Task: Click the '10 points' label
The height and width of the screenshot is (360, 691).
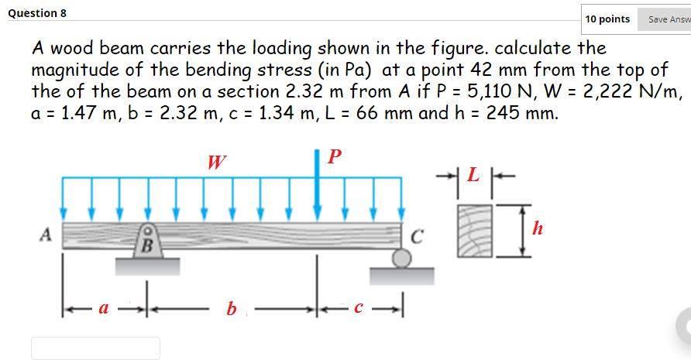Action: click(607, 19)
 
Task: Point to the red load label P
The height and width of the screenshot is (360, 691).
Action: click(334, 156)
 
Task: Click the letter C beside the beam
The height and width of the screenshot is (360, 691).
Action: click(417, 236)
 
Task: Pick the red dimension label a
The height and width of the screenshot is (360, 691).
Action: click(101, 308)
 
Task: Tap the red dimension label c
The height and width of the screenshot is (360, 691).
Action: click(357, 308)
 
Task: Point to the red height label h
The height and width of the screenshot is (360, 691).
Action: click(538, 228)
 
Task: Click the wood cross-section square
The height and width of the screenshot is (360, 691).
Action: click(474, 230)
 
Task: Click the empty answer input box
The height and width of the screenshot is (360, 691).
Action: click(95, 348)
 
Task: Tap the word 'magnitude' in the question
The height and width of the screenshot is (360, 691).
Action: click(74, 70)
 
